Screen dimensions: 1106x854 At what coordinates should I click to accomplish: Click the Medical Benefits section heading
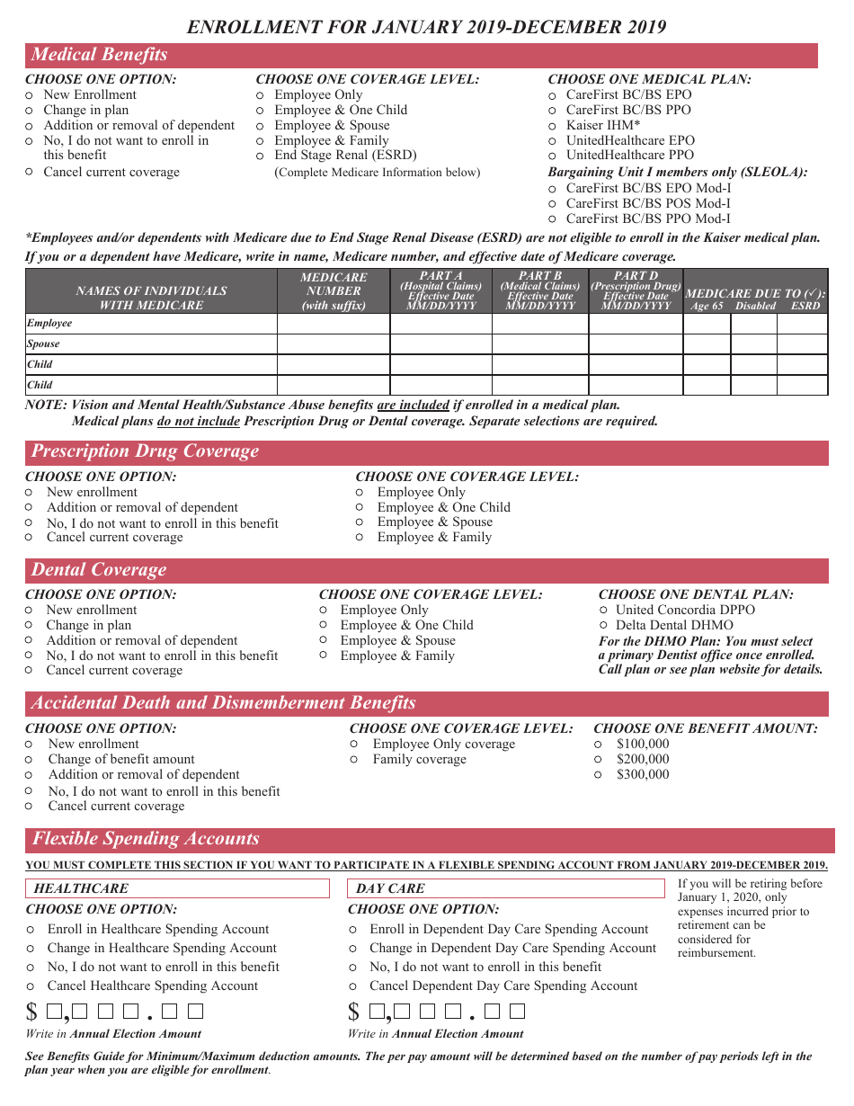[100, 55]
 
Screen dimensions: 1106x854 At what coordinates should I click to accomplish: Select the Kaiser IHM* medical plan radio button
[553, 126]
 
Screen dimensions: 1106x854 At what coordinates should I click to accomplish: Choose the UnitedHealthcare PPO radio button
[553, 156]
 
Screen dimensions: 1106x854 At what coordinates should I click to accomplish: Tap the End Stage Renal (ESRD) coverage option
[261, 156]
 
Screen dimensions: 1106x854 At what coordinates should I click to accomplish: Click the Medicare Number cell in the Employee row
[333, 324]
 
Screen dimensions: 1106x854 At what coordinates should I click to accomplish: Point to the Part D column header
[636, 290]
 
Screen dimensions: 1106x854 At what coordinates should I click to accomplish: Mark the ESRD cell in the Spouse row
[802, 344]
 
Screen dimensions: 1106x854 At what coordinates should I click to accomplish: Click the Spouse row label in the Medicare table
[43, 343]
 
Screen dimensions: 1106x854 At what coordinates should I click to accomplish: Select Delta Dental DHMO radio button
[604, 625]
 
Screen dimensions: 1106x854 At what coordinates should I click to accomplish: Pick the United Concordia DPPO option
[604, 610]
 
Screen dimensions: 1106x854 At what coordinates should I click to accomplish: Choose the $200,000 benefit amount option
[599, 759]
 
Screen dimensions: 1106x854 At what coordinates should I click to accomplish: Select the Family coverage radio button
[354, 760]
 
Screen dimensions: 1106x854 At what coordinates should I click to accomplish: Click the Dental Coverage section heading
[99, 570]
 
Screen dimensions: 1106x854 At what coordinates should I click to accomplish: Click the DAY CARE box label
[390, 888]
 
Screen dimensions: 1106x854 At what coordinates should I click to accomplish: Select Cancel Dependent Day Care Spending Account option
[353, 986]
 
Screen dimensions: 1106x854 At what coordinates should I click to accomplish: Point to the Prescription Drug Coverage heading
[145, 451]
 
